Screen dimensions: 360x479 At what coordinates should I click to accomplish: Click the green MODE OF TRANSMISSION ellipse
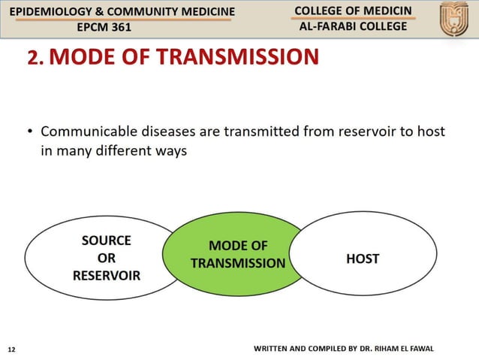237,255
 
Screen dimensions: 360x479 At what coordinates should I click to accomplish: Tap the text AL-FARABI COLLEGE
352,26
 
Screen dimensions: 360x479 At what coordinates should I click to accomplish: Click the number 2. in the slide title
37,58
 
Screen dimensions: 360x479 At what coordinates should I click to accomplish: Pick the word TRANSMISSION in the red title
242,58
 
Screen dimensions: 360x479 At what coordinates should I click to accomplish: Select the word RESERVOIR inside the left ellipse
106,275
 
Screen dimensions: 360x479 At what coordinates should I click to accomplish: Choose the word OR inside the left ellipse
106,258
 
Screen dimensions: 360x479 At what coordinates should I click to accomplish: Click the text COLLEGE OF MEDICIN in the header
352,11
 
